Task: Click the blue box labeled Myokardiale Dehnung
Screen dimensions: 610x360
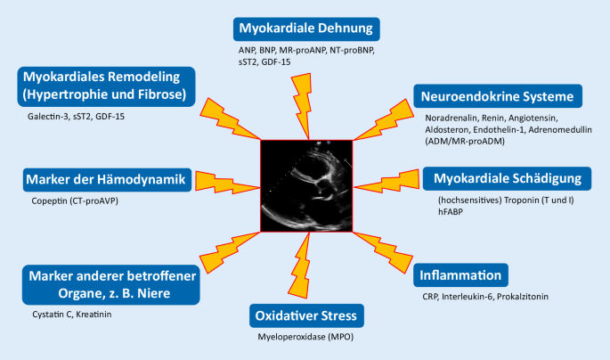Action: (x=306, y=29)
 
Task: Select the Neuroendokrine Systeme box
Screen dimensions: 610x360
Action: (x=498, y=96)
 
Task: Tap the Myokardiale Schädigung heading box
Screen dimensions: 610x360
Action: (x=507, y=178)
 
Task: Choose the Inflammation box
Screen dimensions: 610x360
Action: (x=460, y=275)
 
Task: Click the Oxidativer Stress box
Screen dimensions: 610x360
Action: (x=306, y=315)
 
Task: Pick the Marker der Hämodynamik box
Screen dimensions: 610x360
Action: (x=107, y=180)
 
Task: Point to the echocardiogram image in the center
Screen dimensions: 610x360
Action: (x=306, y=186)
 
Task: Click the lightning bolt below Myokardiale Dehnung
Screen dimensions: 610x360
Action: (x=303, y=106)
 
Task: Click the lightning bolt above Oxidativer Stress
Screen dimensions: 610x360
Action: (x=300, y=266)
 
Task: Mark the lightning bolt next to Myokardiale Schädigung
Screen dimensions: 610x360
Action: (x=386, y=182)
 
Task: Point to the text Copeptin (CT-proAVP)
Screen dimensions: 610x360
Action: (x=75, y=200)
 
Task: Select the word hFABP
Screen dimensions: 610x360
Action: (x=451, y=212)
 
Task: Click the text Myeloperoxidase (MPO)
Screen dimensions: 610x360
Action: (x=305, y=337)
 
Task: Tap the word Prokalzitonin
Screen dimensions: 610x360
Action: (x=523, y=297)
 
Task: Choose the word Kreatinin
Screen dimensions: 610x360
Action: (x=94, y=314)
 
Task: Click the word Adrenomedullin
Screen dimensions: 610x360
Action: (x=560, y=129)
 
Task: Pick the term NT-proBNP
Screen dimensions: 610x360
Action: (x=352, y=50)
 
